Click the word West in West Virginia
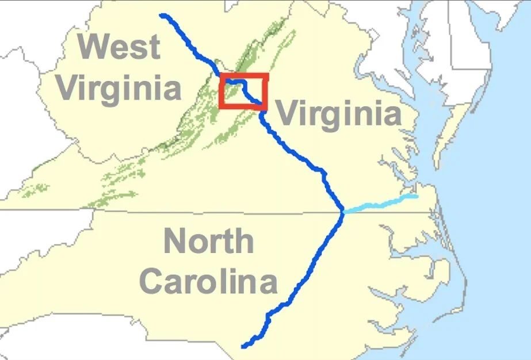click(121, 47)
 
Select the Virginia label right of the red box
click(338, 113)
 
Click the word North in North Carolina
click(208, 241)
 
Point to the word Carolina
click(209, 282)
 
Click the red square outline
click(244, 75)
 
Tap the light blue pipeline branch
click(380, 204)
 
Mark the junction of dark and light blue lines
click(343, 212)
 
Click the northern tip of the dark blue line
click(163, 16)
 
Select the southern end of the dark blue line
click(244, 346)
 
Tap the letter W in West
click(93, 47)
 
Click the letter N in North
click(174, 241)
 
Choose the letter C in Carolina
click(152, 282)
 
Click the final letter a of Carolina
click(266, 284)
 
